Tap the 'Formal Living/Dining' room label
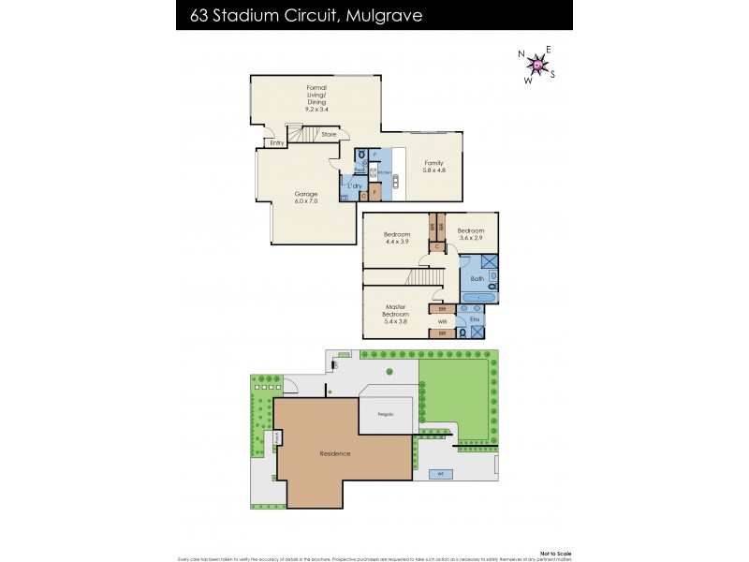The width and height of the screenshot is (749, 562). [316, 98]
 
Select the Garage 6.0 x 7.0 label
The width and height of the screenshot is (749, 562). [306, 198]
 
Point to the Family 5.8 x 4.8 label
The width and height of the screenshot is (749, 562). [432, 167]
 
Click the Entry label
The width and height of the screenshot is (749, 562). [276, 143]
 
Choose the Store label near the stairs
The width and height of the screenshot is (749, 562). [328, 135]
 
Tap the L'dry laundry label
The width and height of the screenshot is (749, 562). [354, 186]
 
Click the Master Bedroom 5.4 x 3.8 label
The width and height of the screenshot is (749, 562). [394, 313]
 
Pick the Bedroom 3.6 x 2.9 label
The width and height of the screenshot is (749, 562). [470, 235]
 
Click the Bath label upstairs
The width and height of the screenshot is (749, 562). [477, 278]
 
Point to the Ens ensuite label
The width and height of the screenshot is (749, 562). [474, 318]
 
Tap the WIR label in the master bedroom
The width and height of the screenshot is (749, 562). [442, 321]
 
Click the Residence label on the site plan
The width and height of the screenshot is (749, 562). [334, 453]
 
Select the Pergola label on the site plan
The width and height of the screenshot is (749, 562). [385, 413]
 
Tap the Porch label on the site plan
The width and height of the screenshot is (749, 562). [278, 438]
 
